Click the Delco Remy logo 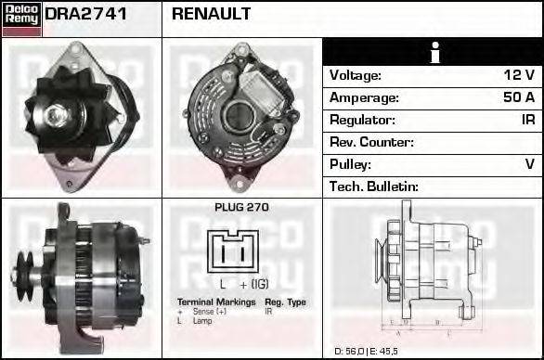coord(21,19)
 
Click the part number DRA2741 coord(86,14)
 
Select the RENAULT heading coord(211,14)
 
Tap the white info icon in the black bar coord(434,52)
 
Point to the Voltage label coord(356,75)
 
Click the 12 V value coord(518,75)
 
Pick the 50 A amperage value coord(516,97)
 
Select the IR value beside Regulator coord(527,120)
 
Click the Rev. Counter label coord(371,142)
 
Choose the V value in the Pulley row coord(529,164)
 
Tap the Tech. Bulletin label coord(374,186)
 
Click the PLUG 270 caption coord(241,208)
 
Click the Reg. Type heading coord(285,302)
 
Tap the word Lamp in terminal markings coord(201,319)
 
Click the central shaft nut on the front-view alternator coord(58,115)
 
